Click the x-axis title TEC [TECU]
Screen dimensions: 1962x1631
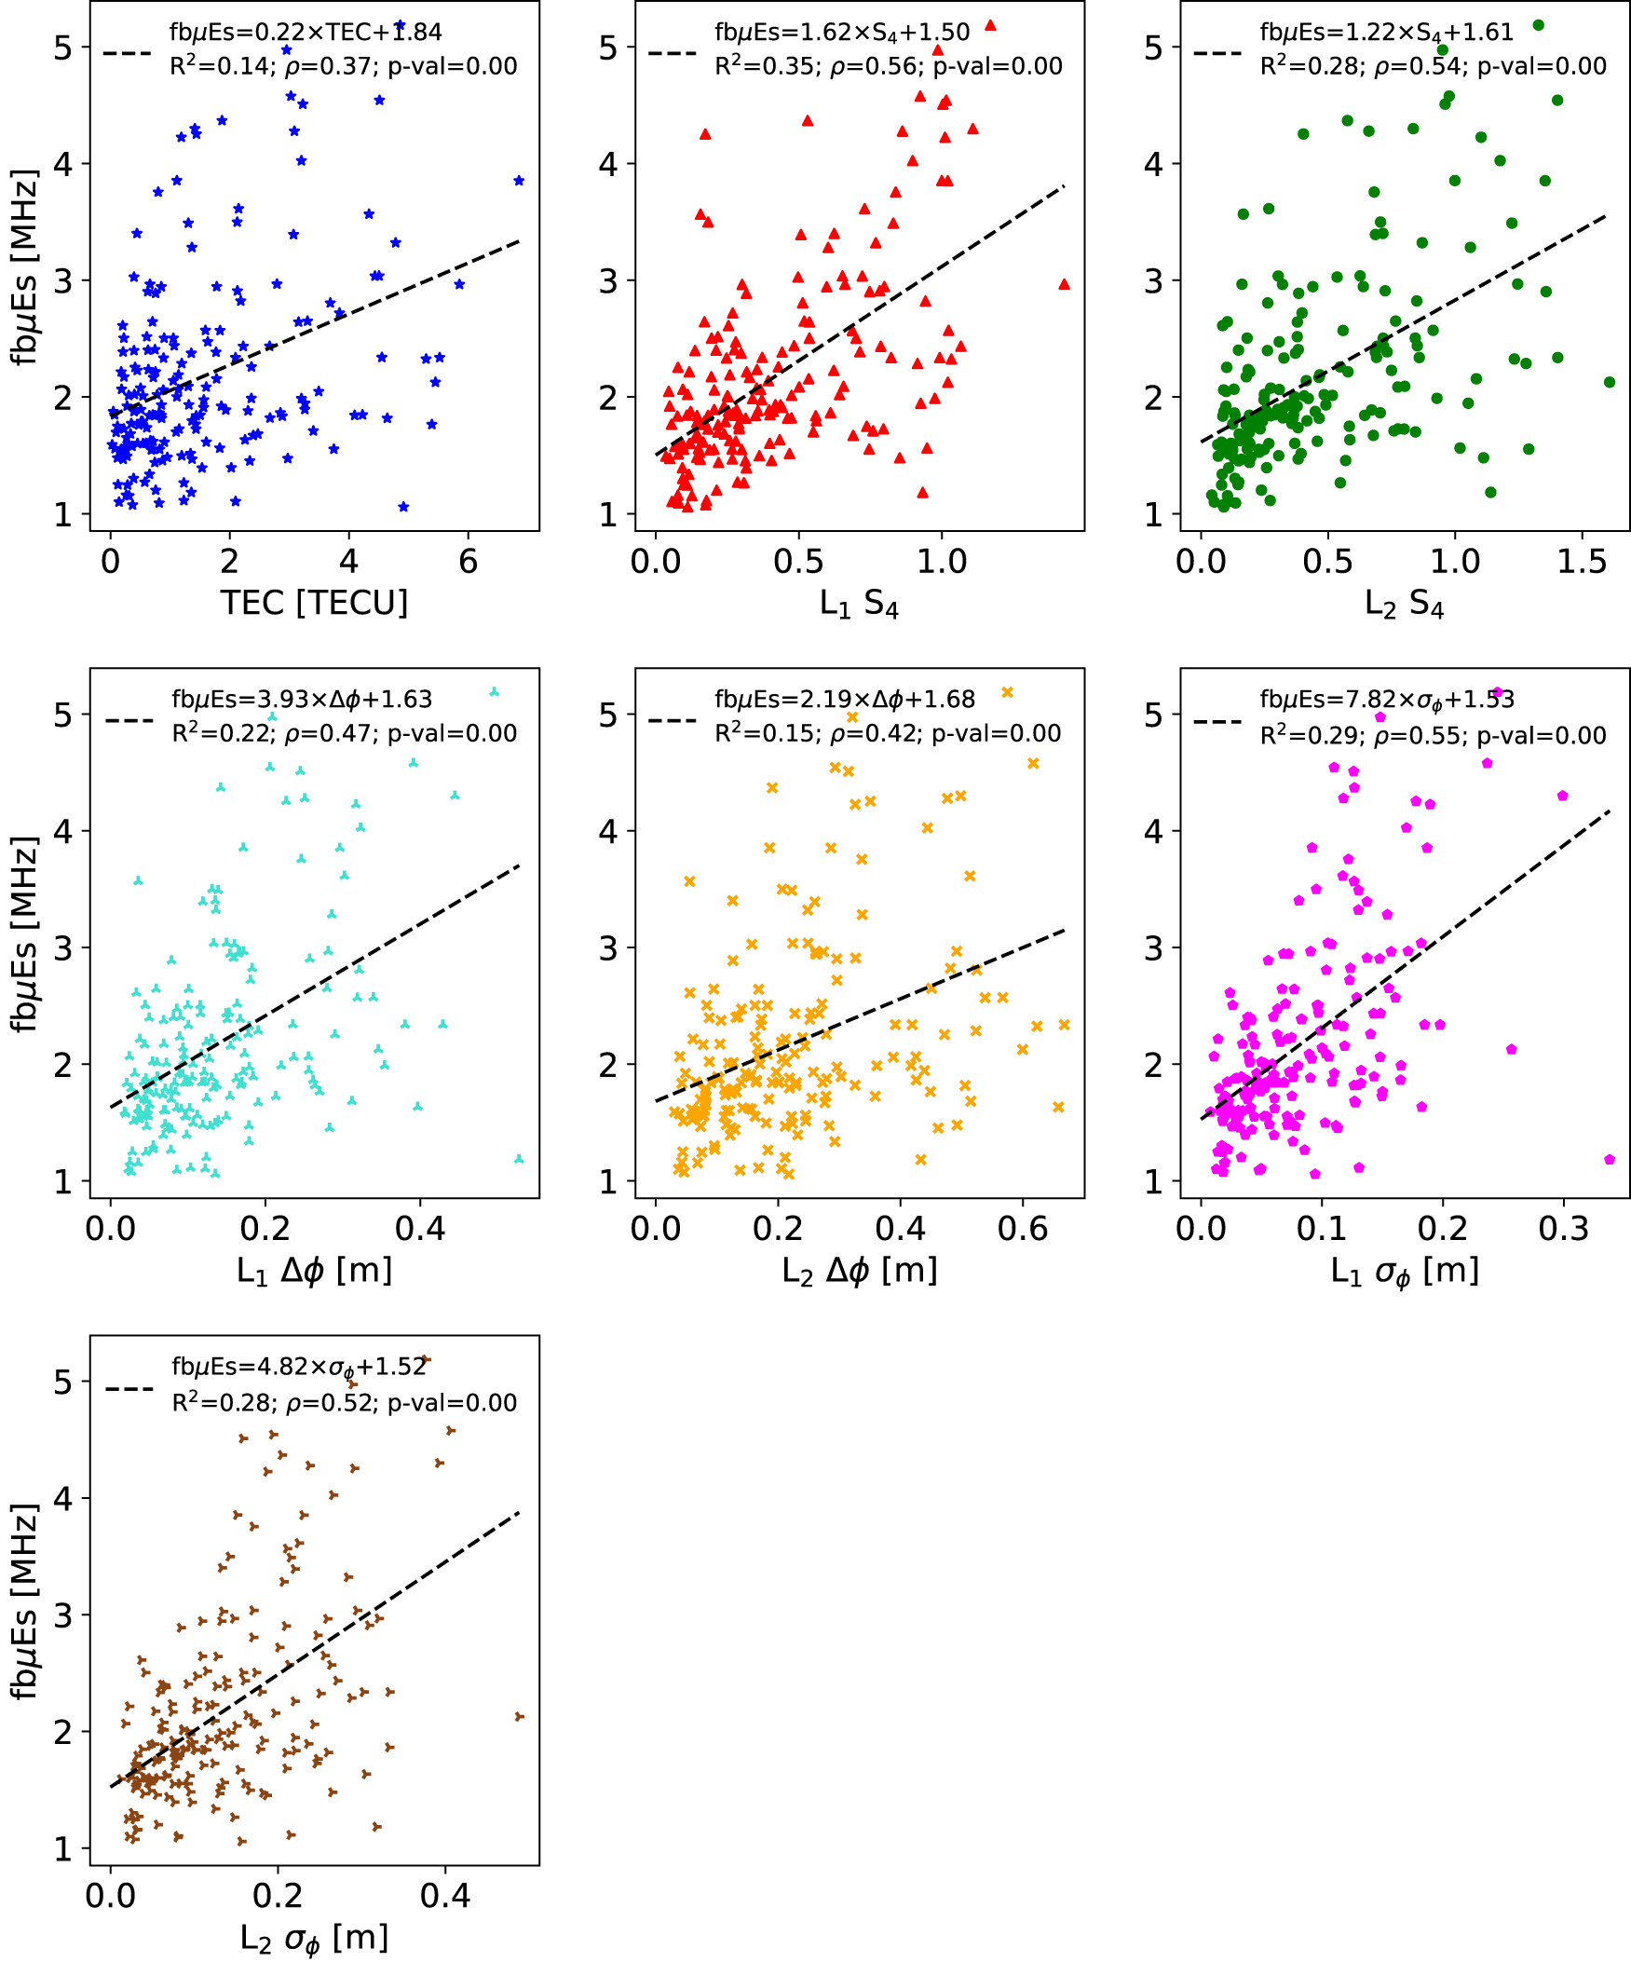click(314, 603)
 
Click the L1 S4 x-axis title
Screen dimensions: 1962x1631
click(859, 605)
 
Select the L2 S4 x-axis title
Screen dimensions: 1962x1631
click(1403, 605)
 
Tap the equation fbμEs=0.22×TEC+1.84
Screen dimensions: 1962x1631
click(305, 32)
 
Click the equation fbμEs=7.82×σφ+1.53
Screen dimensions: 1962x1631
click(1386, 700)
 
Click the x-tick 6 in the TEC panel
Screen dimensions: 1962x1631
click(468, 562)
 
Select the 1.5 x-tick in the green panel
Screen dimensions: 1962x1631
click(1582, 562)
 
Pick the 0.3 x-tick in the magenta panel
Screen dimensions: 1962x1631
click(1563, 1229)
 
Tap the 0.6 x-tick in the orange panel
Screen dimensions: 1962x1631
click(1023, 1229)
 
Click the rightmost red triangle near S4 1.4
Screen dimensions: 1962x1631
click(1064, 284)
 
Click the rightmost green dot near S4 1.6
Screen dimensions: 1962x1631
click(1609, 382)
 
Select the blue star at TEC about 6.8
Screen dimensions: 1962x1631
click(519, 182)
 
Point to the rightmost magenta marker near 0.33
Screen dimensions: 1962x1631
click(1609, 1160)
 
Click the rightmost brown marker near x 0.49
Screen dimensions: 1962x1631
click(520, 1716)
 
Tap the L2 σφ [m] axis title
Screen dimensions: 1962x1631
click(314, 1939)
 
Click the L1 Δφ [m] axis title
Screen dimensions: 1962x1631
click(314, 1271)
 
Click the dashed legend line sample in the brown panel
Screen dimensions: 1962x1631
click(129, 1389)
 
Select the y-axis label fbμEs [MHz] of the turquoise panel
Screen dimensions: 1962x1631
click(25, 934)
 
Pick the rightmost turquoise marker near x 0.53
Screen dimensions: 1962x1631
click(519, 1160)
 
